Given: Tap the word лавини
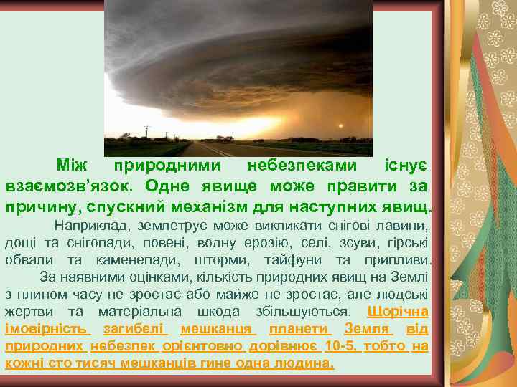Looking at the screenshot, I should [408, 226].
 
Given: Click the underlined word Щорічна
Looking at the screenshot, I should [397, 312].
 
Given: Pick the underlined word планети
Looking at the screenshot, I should [299, 329].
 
